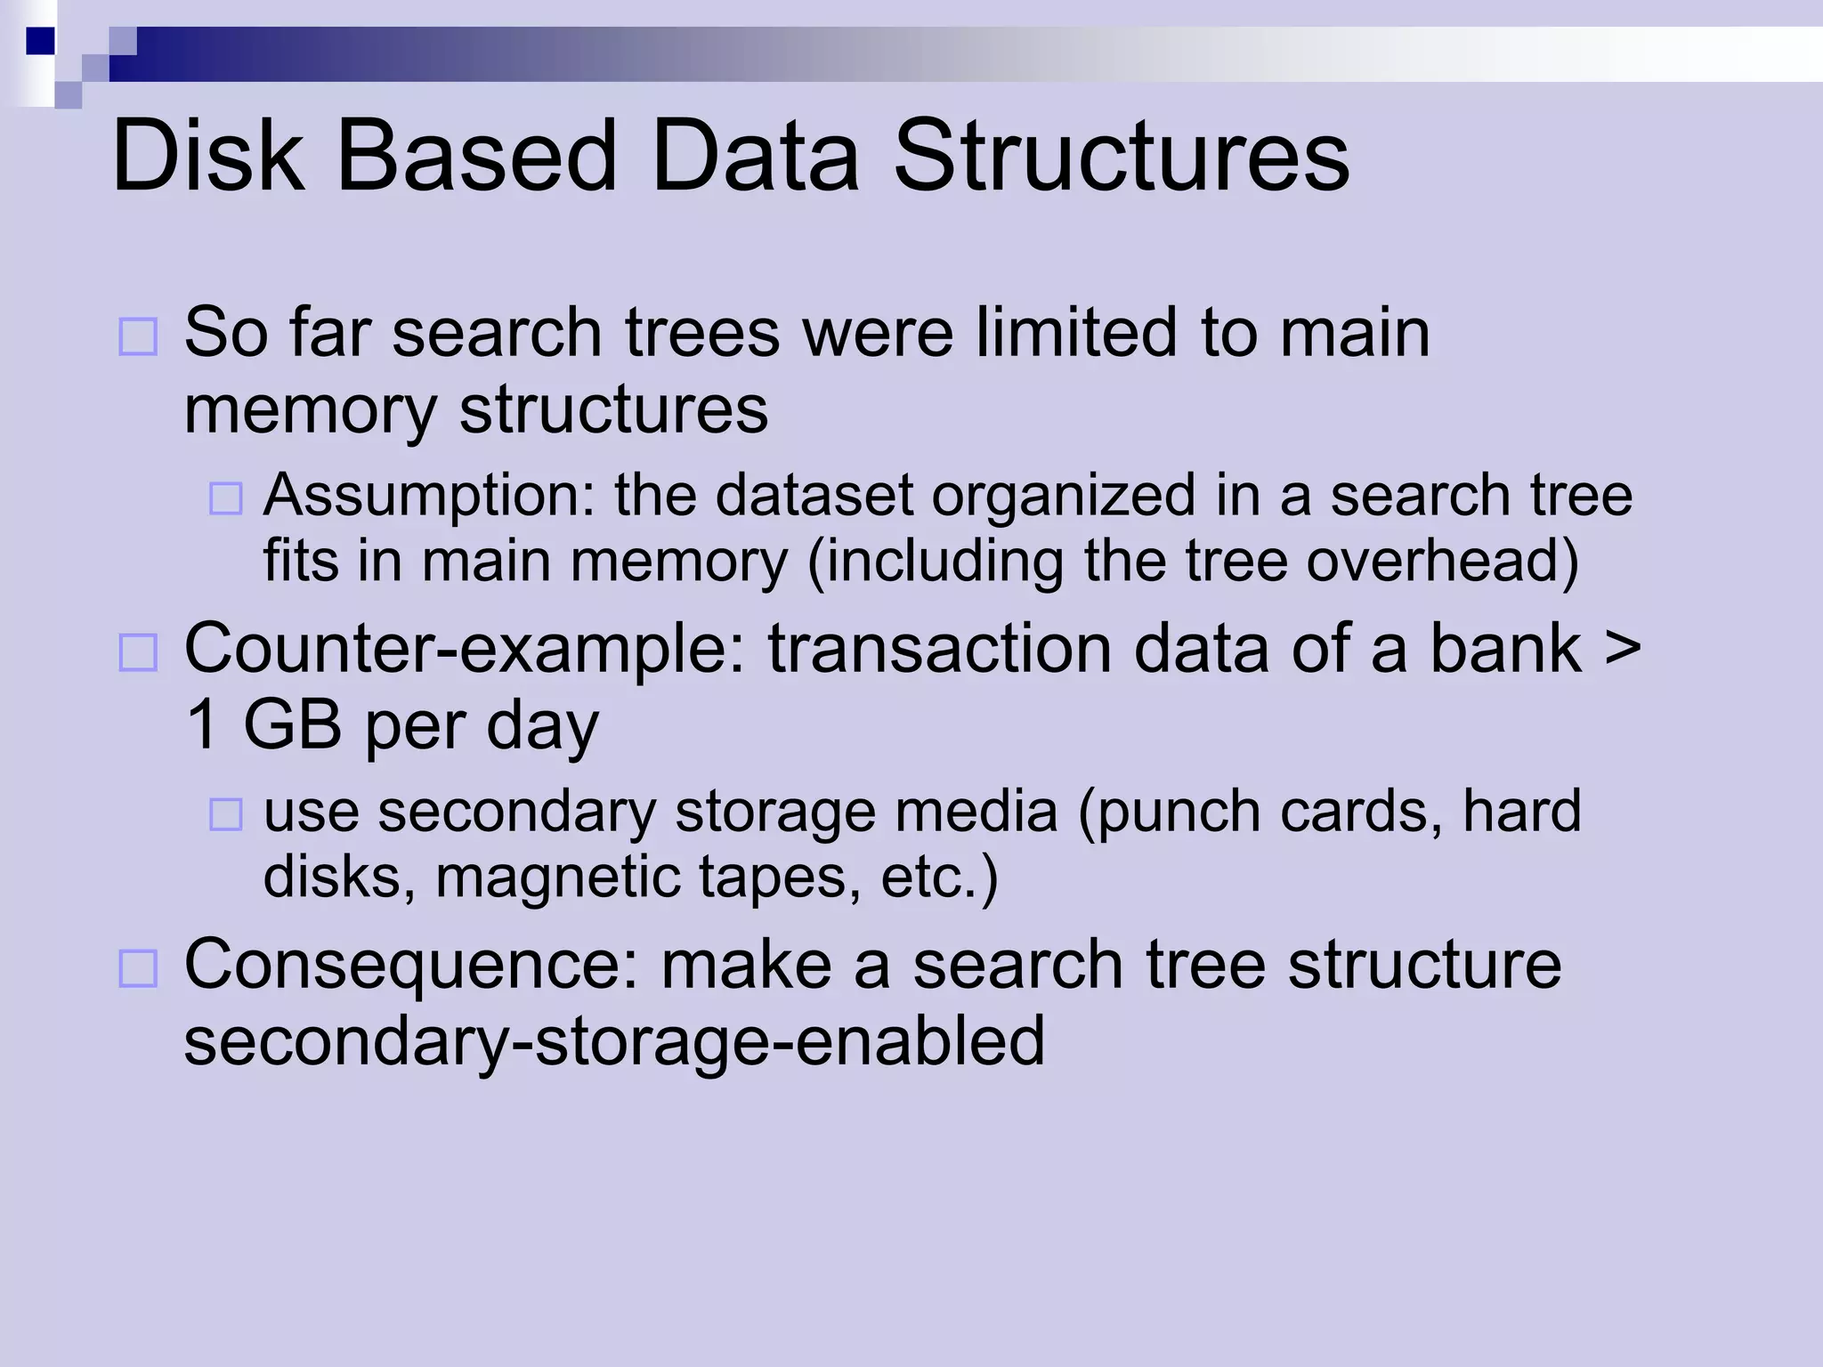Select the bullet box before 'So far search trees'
pos(138,337)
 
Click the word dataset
pos(814,496)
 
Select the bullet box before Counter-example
pos(138,652)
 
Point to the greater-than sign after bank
pos(1622,649)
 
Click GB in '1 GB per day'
pos(292,725)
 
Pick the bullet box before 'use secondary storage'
pos(225,814)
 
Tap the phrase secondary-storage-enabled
pos(614,1042)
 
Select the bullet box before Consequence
pos(138,969)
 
